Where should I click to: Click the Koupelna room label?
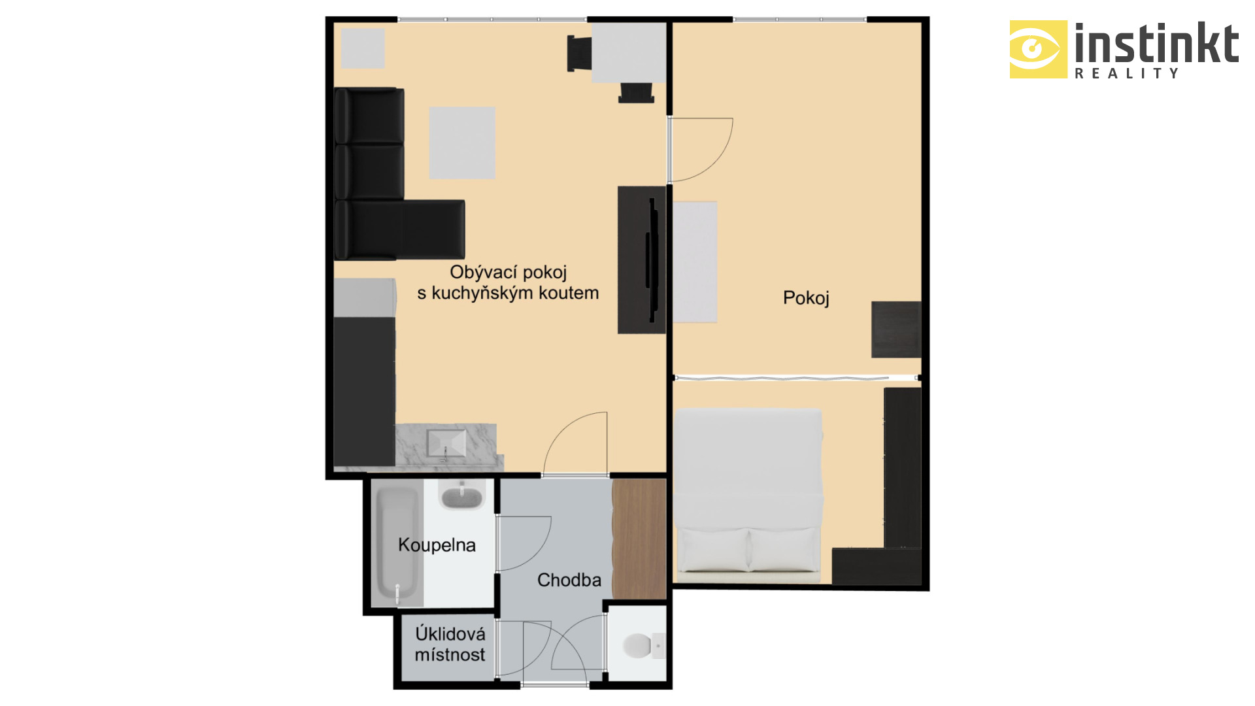point(437,545)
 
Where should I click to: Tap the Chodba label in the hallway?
point(569,580)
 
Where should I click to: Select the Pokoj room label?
point(806,298)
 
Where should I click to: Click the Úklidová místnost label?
point(450,644)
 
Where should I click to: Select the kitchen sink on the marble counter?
point(446,444)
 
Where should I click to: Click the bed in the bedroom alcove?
point(748,496)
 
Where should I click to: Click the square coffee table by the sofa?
point(462,143)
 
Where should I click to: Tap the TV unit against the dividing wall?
point(641,260)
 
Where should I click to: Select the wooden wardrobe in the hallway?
point(639,539)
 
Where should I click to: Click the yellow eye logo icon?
point(1039,49)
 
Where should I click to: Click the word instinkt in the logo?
point(1157,43)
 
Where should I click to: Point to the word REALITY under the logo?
point(1127,73)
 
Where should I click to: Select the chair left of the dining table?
point(579,53)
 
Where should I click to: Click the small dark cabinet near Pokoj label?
point(896,329)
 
